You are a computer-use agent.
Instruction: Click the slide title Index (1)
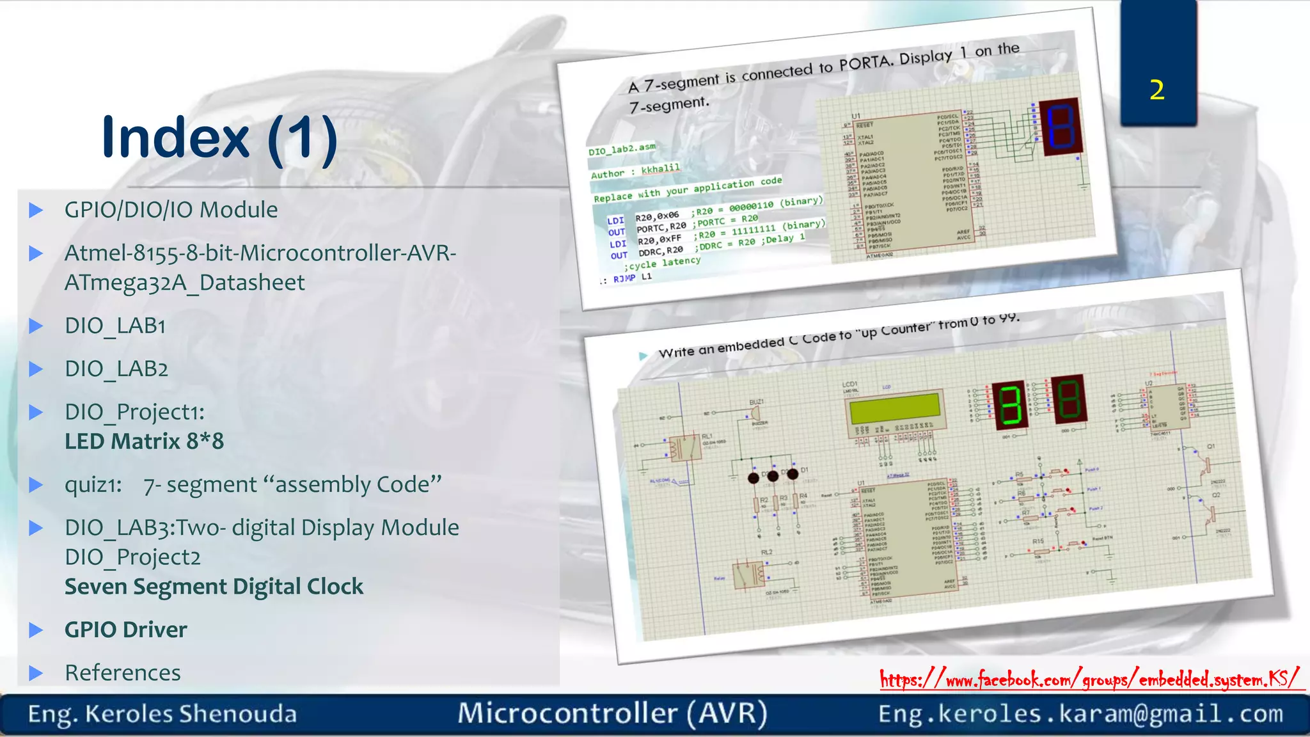click(219, 137)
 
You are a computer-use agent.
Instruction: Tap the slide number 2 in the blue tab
click(1156, 90)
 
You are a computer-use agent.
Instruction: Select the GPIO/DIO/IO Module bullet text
click(171, 210)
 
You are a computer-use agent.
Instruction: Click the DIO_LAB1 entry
click(115, 326)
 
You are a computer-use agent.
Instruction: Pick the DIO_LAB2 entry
click(116, 369)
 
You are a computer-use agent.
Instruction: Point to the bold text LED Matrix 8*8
click(144, 441)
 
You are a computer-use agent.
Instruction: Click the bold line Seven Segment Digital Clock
click(214, 587)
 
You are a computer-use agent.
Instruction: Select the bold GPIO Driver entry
click(125, 630)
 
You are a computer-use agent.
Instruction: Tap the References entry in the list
click(122, 673)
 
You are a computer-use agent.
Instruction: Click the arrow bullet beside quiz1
click(36, 485)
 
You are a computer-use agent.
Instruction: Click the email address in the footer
click(1080, 714)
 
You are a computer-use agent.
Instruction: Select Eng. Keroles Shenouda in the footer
click(162, 714)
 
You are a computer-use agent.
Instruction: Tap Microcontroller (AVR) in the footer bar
click(612, 713)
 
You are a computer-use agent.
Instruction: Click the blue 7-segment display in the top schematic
click(1060, 126)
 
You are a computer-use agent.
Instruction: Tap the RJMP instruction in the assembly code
click(624, 278)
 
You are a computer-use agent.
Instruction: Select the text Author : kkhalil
click(635, 171)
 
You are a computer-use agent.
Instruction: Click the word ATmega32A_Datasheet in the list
click(184, 283)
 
